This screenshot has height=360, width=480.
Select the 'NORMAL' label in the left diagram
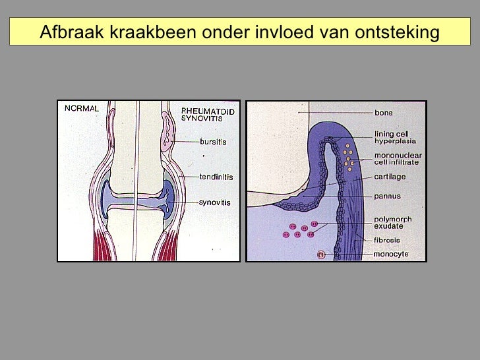[x=81, y=107]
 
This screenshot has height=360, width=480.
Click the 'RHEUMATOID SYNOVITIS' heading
[x=207, y=113]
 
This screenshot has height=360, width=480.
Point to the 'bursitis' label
[x=215, y=140]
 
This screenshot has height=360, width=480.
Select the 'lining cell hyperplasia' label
[x=396, y=137]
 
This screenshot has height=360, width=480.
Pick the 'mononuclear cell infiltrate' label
[x=398, y=160]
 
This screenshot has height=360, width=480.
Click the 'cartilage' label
[x=390, y=177]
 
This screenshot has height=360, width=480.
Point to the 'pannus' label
[x=387, y=196]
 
